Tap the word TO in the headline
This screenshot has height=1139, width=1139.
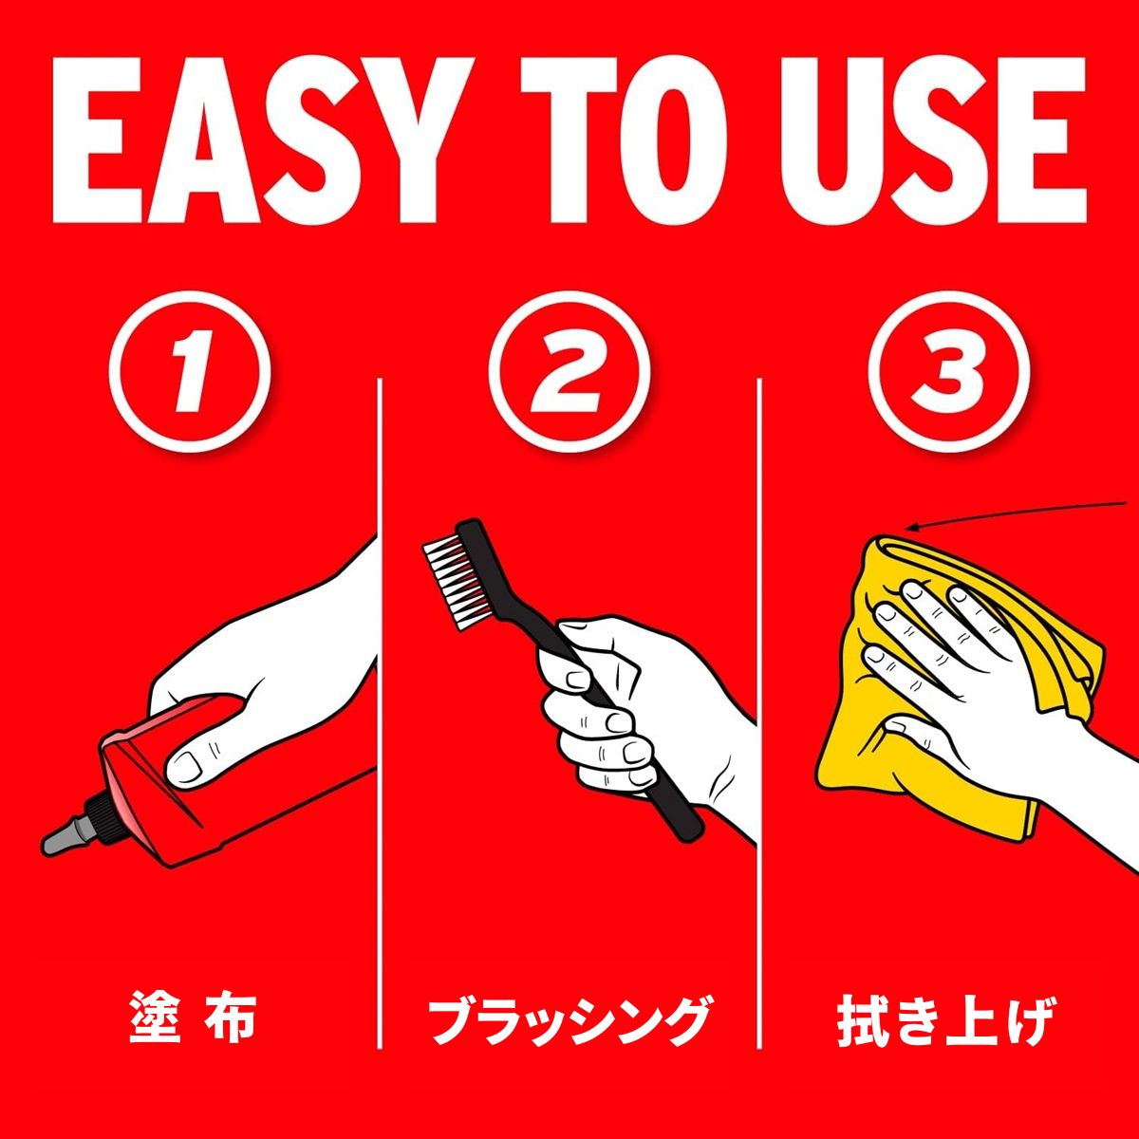[623, 140]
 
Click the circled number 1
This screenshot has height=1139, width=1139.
[189, 373]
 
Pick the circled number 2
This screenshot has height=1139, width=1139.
[569, 373]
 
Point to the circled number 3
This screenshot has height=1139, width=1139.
[948, 373]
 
